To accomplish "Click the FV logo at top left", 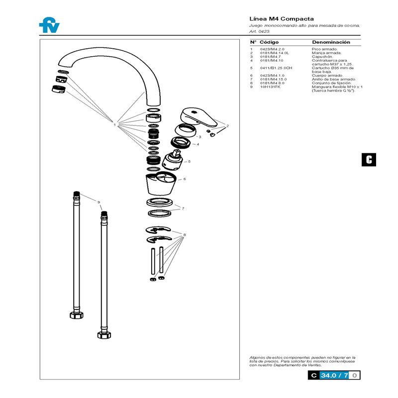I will pyautogui.click(x=49, y=25).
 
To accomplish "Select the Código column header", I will pyautogui.click(x=269, y=42).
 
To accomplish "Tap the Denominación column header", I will pyautogui.click(x=331, y=42).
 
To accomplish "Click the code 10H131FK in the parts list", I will pyautogui.click(x=270, y=87).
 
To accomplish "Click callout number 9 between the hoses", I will pyautogui.click(x=99, y=202).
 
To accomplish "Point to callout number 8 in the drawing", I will pyautogui.click(x=185, y=234).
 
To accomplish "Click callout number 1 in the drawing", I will pyautogui.click(x=114, y=125).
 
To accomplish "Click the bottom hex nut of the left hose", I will pyautogui.click(x=77, y=315).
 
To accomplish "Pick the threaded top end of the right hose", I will pyautogui.click(x=104, y=215).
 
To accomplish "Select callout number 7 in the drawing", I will pyautogui.click(x=184, y=208).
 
